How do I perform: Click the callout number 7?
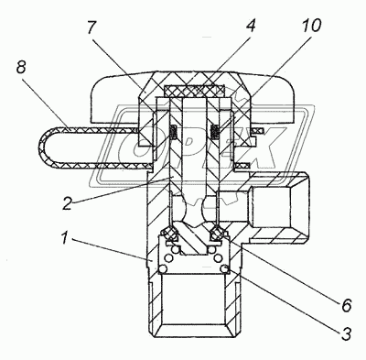91,29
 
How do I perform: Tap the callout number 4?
250,26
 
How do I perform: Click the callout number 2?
68,203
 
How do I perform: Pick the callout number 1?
64,238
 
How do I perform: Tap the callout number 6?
347,305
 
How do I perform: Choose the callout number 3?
346,333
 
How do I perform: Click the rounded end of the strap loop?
43,147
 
